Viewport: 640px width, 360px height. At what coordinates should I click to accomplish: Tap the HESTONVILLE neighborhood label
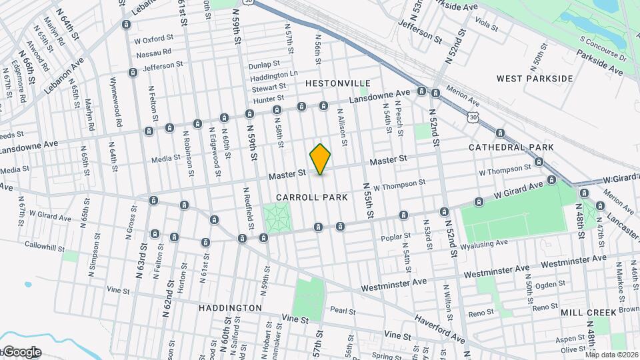pyautogui.click(x=337, y=83)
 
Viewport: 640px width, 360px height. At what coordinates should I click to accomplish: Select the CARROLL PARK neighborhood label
pyautogui.click(x=312, y=197)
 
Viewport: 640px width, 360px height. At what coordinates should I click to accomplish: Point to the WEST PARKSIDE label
pyautogui.click(x=535, y=79)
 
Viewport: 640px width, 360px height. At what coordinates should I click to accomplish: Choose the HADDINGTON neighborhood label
pyautogui.click(x=230, y=308)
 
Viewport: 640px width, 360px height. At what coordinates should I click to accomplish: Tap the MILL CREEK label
pyautogui.click(x=586, y=312)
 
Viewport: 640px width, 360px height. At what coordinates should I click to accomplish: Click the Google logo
pyautogui.click(x=21, y=352)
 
